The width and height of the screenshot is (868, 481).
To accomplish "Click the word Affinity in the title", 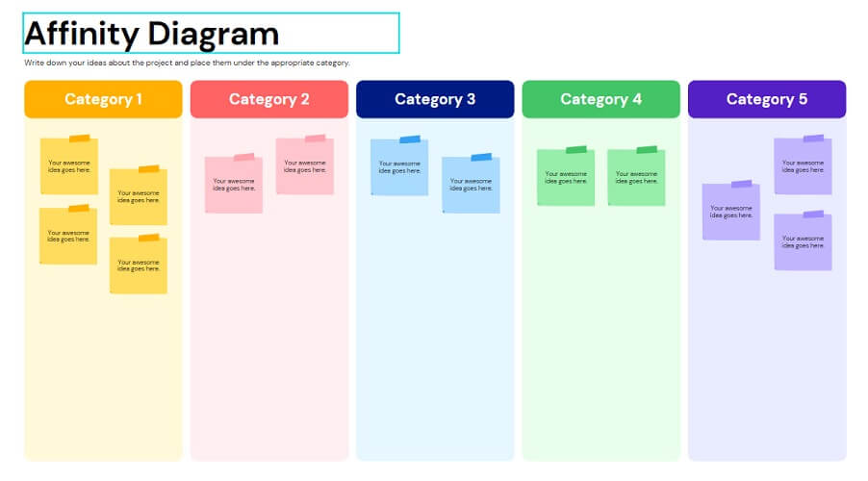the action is (82, 35).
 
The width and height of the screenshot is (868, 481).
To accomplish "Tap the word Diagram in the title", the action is (214, 35).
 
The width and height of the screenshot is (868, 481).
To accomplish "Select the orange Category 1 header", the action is (103, 99).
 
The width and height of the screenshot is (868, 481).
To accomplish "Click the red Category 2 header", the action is (269, 99).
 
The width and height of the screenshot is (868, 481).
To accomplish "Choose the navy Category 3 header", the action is (435, 99).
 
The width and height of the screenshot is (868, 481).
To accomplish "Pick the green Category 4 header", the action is (601, 99).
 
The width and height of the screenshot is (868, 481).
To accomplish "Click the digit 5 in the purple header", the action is (803, 99).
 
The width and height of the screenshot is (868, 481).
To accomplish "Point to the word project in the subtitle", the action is (159, 63).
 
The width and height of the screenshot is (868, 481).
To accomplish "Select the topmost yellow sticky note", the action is (69, 165).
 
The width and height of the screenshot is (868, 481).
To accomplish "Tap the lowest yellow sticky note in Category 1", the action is (139, 265).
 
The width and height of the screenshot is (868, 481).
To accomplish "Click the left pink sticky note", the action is (234, 184).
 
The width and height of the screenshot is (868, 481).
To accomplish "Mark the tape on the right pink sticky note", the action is (315, 139).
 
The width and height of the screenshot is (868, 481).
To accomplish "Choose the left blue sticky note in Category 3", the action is (399, 166).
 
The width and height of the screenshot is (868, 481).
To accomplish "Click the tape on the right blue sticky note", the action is (481, 157).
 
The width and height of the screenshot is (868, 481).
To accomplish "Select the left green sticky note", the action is (566, 177).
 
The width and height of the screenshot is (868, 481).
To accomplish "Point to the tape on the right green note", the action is (647, 149).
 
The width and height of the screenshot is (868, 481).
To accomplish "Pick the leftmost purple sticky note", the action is (731, 211).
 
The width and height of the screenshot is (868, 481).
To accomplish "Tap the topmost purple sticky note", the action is (803, 165).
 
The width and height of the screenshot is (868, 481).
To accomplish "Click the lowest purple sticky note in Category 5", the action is (803, 241).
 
